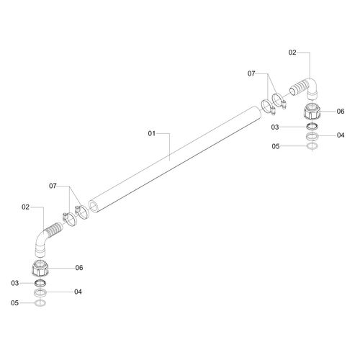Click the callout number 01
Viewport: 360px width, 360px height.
[151, 133]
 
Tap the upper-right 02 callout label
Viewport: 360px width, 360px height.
[292, 53]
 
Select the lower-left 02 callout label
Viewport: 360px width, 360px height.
[25, 207]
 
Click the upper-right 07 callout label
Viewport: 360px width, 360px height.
[251, 73]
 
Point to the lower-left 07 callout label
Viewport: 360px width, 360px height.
[53, 186]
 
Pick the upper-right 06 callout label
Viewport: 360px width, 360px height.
[341, 111]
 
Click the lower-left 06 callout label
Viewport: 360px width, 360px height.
[79, 268]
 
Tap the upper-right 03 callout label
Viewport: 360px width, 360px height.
[275, 127]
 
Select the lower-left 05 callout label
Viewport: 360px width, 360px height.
[14, 303]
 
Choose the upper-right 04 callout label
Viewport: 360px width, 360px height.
[341, 135]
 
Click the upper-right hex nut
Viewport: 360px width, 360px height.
[312, 111]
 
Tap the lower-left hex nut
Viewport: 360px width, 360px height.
[40, 268]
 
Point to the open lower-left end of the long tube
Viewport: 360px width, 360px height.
[93, 207]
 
